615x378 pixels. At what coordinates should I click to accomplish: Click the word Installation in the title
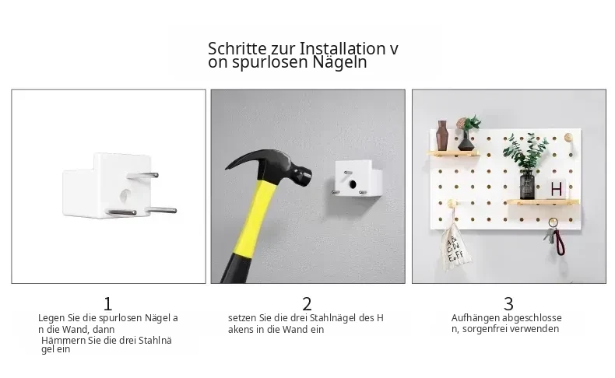pos(343,49)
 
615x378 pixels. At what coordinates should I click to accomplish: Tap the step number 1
pos(108,304)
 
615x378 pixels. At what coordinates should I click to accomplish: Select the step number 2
pos(307,304)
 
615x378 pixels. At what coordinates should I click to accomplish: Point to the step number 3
pos(508,304)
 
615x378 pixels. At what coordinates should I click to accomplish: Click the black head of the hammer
pos(275,166)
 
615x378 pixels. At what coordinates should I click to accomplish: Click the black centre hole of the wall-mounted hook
pos(353,184)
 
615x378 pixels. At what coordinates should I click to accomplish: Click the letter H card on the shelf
pos(556,190)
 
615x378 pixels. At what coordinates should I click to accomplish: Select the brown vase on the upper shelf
pos(442,135)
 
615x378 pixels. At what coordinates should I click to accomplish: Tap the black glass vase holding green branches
pos(527,185)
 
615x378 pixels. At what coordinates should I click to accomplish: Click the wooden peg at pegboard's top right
pos(568,137)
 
